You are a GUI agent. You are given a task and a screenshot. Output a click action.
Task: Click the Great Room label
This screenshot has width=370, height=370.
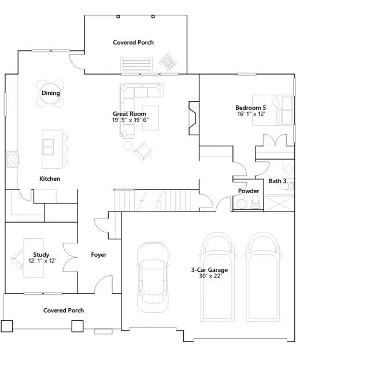[x=129, y=114]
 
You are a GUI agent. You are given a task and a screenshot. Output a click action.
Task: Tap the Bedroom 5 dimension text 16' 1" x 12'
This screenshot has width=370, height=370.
[x=251, y=114]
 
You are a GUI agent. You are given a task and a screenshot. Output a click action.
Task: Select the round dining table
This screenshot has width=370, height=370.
[x=50, y=94]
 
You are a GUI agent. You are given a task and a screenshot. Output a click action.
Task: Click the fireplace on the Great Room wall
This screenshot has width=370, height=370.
[x=194, y=118]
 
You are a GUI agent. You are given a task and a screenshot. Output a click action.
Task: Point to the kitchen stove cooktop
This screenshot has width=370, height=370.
[x=13, y=160]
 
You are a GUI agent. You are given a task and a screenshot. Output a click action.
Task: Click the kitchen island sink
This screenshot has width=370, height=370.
[x=47, y=146]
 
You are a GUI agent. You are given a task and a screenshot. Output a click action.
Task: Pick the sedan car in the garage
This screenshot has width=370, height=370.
[x=153, y=277]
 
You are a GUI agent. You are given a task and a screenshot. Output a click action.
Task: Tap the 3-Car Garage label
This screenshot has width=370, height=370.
[x=209, y=270]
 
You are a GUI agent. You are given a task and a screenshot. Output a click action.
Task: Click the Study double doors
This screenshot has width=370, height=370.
[x=70, y=257]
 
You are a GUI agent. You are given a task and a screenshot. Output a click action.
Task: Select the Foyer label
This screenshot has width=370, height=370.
[x=99, y=254]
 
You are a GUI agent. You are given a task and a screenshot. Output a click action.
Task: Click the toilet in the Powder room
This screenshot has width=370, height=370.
[x=256, y=202]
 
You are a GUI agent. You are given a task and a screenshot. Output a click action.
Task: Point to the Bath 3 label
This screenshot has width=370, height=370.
[x=277, y=181]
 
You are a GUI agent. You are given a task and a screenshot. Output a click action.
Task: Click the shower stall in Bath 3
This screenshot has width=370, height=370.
[x=279, y=203]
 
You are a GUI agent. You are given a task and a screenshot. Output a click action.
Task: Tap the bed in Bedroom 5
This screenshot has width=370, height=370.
[x=272, y=110]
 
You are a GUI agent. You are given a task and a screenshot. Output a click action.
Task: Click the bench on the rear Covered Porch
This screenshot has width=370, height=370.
[x=136, y=64]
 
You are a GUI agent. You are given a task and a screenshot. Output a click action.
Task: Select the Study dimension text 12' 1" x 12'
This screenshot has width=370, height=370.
[x=42, y=261]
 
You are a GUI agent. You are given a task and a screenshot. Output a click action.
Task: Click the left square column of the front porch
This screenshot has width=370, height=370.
[x=6, y=326]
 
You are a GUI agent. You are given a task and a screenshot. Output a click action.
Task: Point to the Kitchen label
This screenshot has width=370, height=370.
[x=50, y=179]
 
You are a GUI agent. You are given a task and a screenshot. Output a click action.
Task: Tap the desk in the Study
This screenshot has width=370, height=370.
[x=34, y=258]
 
